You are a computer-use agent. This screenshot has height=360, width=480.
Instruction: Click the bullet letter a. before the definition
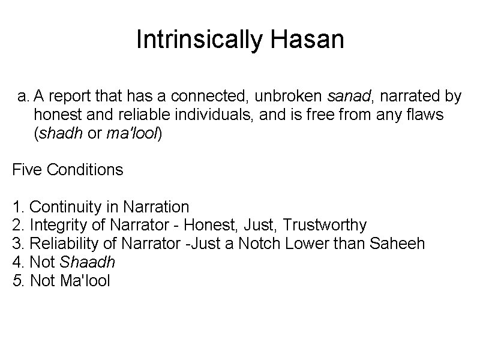tap(23, 97)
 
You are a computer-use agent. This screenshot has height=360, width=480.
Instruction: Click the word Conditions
tap(85, 170)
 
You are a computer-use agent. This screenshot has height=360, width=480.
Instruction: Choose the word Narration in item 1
tap(156, 207)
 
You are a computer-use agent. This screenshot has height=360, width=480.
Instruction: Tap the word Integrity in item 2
tap(57, 226)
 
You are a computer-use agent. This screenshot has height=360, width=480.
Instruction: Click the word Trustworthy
tap(325, 226)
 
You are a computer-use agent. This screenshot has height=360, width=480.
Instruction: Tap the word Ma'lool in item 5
tap(86, 281)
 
